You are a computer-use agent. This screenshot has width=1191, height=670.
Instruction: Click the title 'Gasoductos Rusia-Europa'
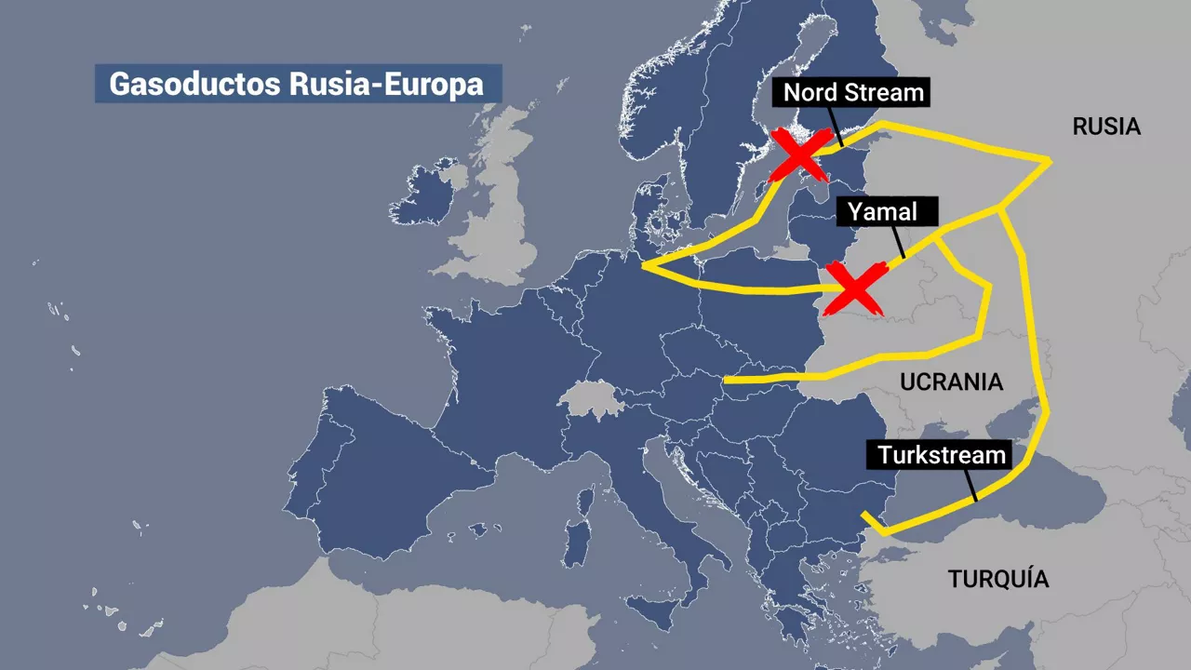(x=297, y=83)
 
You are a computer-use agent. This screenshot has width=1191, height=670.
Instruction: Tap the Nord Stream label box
(x=853, y=92)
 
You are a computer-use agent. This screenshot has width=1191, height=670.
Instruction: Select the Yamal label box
(x=881, y=211)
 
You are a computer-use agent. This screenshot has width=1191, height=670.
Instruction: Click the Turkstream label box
(x=943, y=455)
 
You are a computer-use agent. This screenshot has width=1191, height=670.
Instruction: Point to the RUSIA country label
(x=1106, y=127)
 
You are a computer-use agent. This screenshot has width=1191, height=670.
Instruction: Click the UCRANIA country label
(x=951, y=382)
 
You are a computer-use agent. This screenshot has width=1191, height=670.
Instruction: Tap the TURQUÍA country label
(x=998, y=579)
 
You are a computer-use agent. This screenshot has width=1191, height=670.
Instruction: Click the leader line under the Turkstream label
(x=970, y=485)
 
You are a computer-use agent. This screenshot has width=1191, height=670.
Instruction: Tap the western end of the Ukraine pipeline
(x=727, y=380)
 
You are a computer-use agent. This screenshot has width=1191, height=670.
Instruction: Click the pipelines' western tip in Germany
(x=644, y=266)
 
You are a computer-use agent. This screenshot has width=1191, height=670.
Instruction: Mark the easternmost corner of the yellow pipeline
(x=1050, y=162)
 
